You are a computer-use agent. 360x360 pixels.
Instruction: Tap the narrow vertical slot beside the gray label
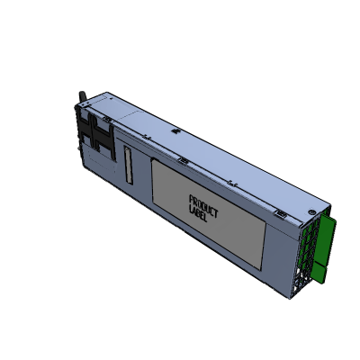point(127,167)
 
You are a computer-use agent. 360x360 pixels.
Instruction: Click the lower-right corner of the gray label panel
point(265,260)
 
